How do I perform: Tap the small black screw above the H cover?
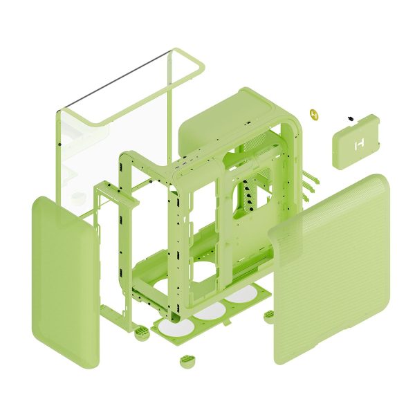[x=349, y=118]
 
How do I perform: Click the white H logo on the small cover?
[x=358, y=145]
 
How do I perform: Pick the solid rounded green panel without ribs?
[x=64, y=280]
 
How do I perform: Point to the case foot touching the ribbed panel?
[x=269, y=315]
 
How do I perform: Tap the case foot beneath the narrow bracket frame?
[x=140, y=334]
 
